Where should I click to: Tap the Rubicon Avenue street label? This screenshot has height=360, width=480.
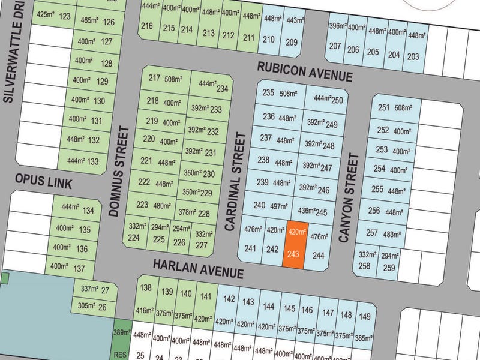coord(304,71)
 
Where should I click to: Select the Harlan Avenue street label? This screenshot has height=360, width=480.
coord(197,268)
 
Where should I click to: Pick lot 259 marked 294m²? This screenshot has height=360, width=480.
coord(389,261)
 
